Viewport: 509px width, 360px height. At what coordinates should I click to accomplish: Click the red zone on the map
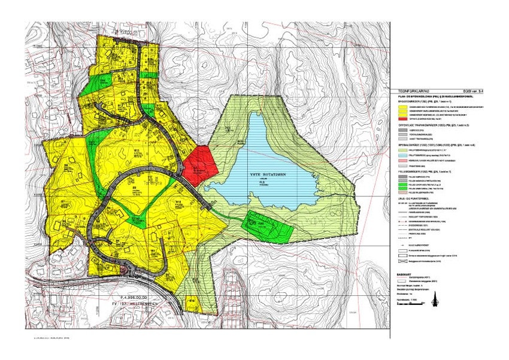199,164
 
